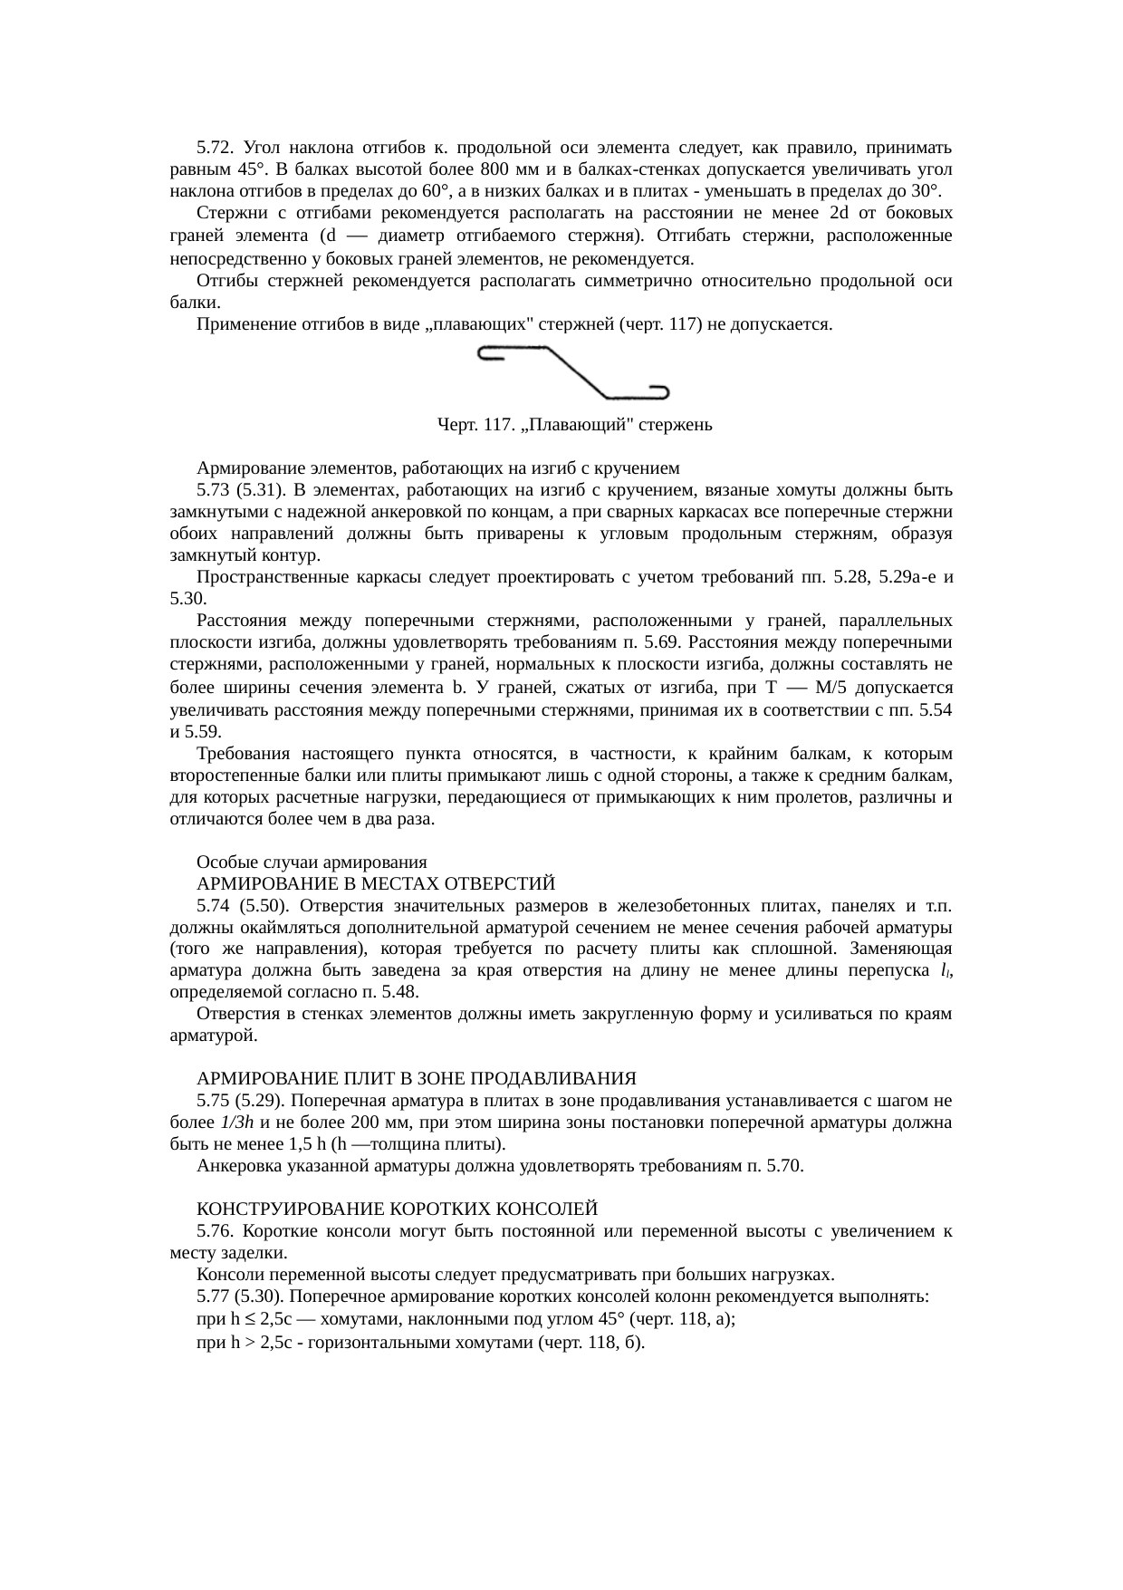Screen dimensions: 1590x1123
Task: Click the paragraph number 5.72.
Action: click(x=216, y=147)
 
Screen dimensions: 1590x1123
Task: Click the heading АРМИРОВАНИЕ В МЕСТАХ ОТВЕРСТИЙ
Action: click(x=375, y=883)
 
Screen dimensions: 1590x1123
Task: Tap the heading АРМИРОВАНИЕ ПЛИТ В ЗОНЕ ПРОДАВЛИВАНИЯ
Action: click(x=417, y=1078)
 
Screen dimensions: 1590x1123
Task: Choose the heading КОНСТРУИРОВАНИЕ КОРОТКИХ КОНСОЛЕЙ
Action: click(x=397, y=1209)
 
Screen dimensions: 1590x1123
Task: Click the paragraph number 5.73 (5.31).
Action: click(x=241, y=491)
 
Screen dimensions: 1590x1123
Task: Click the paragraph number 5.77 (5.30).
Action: click(x=242, y=1296)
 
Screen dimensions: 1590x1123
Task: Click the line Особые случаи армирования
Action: click(x=312, y=862)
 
